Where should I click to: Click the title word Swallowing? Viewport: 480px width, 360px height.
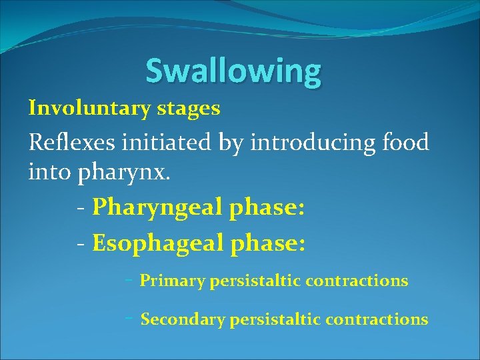[233, 71]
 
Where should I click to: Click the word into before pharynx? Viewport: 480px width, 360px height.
[51, 173]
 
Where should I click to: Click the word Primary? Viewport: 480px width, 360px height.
[172, 281]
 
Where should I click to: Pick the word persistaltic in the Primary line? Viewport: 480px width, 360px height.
[257, 281]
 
